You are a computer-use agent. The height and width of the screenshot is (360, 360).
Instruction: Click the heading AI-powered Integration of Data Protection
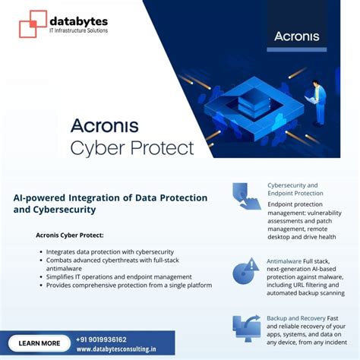[110, 197]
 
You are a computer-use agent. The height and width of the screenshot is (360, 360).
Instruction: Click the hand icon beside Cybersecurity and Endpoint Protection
[246, 196]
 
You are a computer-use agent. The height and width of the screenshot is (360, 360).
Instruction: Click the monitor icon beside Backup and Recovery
[246, 327]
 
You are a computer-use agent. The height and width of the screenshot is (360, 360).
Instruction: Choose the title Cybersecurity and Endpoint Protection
[293, 189]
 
